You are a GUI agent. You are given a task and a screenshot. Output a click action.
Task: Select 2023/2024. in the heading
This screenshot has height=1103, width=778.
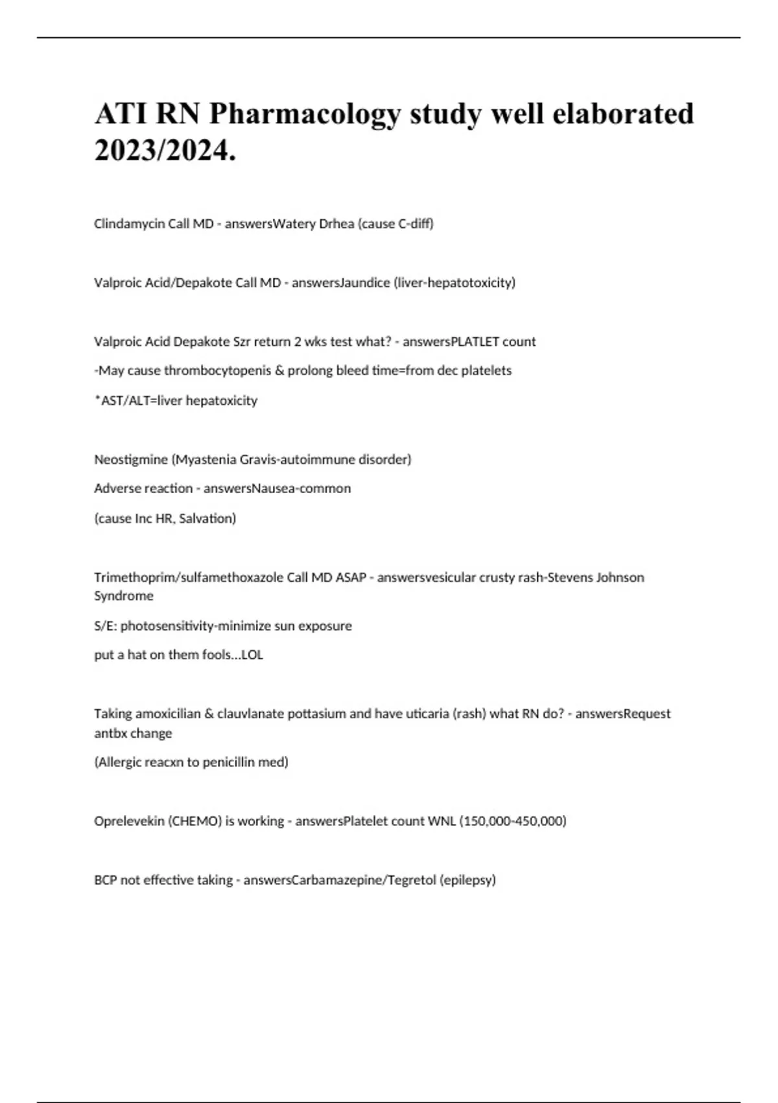[165, 152]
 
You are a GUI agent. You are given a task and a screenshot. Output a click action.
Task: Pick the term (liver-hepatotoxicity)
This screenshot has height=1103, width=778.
[454, 283]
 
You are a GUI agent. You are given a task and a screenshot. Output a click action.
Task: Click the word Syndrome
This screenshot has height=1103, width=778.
[124, 596]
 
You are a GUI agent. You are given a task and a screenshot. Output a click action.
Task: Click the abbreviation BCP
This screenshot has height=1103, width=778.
[106, 880]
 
